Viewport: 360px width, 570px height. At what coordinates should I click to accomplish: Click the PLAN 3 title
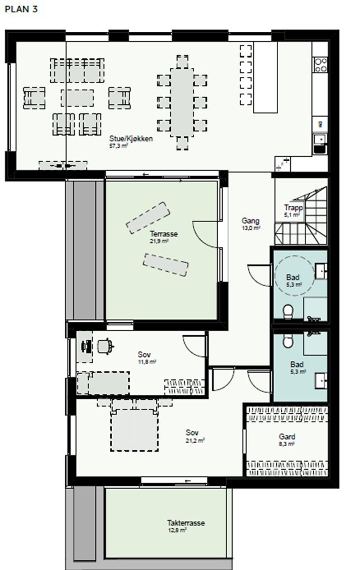[x=21, y=9]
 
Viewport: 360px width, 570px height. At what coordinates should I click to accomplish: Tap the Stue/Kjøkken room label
[x=131, y=138]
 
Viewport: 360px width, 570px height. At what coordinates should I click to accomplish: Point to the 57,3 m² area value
[x=118, y=146]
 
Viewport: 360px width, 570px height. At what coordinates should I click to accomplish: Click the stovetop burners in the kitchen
[x=320, y=65]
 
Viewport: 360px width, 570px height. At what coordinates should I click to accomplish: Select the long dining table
[x=182, y=103]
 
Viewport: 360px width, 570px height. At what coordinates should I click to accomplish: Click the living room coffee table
[x=77, y=98]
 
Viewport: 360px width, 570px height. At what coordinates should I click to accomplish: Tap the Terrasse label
[x=164, y=234]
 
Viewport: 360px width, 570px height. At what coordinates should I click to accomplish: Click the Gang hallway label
[x=251, y=221]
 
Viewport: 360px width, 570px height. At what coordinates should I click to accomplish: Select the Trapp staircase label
[x=293, y=207]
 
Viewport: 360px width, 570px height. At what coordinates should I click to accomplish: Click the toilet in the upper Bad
[x=288, y=312]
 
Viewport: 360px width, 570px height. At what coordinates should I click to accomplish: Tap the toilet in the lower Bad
[x=287, y=341]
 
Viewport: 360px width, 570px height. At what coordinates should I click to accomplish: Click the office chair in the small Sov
[x=105, y=346]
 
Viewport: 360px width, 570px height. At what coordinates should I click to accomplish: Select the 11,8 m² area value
[x=147, y=362]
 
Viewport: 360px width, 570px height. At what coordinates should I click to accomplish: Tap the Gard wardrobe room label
[x=287, y=437]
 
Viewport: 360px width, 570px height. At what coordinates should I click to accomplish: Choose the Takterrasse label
[x=186, y=523]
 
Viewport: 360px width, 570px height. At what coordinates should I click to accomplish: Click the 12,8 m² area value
[x=177, y=530]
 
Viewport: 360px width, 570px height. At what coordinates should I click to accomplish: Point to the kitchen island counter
[x=266, y=78]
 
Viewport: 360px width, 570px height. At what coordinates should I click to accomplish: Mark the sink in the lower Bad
[x=321, y=380]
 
